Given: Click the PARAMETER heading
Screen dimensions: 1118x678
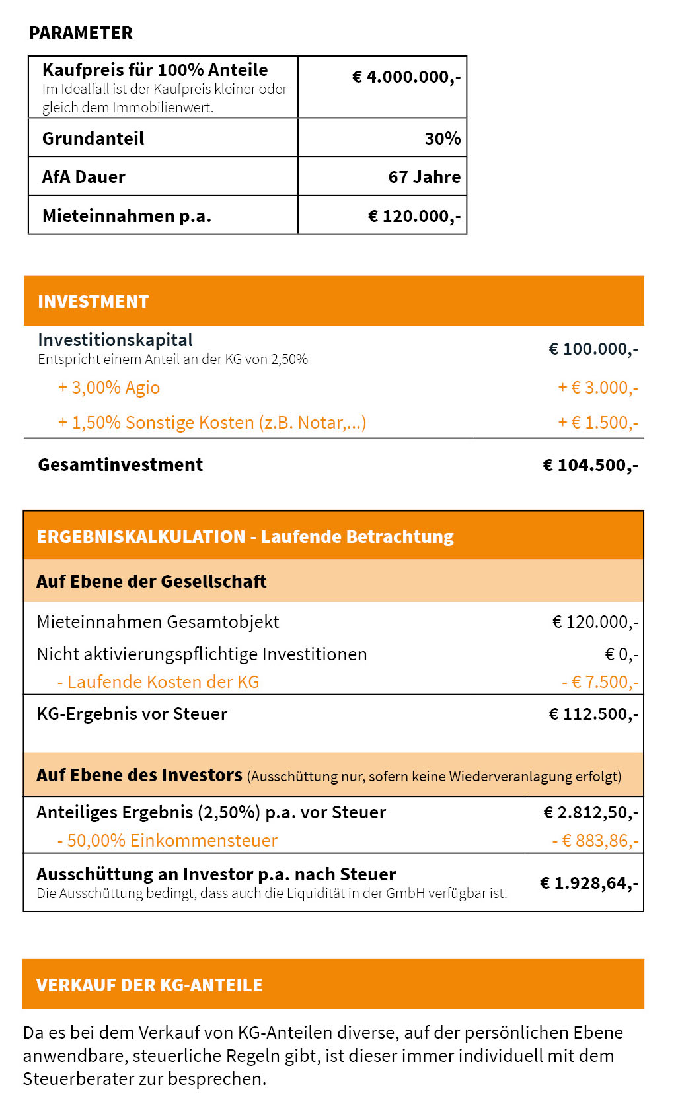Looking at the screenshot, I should [x=81, y=33].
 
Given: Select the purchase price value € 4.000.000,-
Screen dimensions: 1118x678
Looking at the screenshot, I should [x=406, y=77].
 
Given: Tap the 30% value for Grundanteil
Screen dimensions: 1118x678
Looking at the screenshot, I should [x=442, y=139].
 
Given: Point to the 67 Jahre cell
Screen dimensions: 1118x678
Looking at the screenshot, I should [x=424, y=177].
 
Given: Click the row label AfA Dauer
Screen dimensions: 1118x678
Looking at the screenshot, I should [x=84, y=177].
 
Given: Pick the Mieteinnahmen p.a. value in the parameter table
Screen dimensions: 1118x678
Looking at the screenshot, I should [x=414, y=216].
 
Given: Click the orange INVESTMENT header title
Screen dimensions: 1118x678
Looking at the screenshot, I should [x=93, y=302].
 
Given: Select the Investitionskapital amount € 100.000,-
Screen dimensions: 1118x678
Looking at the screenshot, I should [x=593, y=349].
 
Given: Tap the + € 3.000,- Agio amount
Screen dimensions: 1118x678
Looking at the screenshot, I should [x=598, y=388].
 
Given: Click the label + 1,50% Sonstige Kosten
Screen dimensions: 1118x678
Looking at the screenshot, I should [x=211, y=423].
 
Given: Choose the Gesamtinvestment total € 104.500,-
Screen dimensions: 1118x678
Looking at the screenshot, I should [x=590, y=465].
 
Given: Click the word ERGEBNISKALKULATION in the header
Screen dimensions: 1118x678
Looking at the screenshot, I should [x=141, y=537].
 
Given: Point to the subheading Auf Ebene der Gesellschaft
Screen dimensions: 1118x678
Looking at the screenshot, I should [x=151, y=582].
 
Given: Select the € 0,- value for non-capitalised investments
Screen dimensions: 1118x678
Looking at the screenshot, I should [x=621, y=654].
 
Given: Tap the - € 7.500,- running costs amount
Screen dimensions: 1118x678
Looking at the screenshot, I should [x=600, y=682].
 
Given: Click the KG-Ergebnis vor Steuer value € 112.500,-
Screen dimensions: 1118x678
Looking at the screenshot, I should [x=593, y=714].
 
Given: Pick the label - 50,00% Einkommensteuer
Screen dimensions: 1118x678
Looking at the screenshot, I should [x=167, y=841].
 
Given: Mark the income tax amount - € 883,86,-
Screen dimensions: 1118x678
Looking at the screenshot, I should [x=595, y=841].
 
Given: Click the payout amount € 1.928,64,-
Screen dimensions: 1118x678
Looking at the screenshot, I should [x=589, y=883].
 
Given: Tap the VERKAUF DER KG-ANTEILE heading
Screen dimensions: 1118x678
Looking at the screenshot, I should [x=149, y=985].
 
